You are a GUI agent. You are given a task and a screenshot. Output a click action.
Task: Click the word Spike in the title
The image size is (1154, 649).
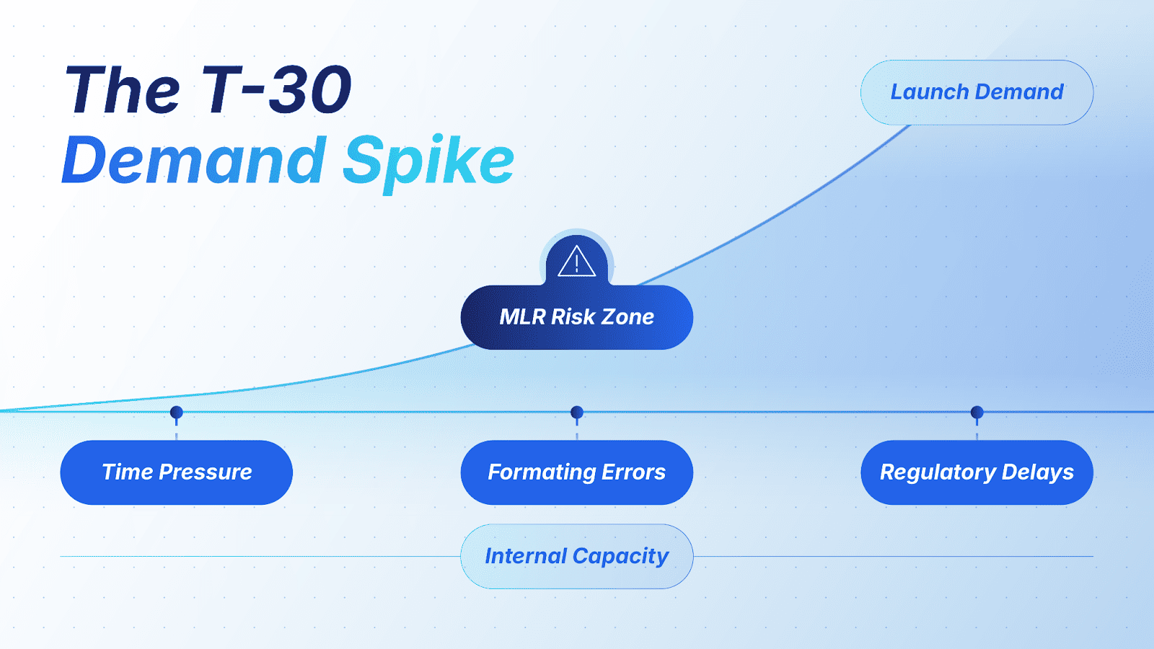[x=428, y=162]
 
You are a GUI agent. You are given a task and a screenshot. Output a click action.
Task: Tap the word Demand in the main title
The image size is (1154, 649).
[x=194, y=159]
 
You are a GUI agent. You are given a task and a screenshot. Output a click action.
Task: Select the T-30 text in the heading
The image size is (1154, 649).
[x=276, y=89]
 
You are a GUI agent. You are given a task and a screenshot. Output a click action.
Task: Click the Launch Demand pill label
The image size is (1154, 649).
[x=977, y=92]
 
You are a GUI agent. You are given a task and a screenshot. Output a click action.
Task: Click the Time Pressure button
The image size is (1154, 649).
[x=176, y=472]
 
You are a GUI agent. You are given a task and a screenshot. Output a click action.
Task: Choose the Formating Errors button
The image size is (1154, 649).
[x=576, y=472]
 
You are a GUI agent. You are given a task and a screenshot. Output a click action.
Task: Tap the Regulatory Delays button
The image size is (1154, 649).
[x=977, y=472]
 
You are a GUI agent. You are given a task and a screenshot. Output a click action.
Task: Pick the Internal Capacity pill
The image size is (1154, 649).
[x=576, y=556]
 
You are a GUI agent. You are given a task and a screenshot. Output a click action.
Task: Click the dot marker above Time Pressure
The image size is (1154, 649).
[x=176, y=412]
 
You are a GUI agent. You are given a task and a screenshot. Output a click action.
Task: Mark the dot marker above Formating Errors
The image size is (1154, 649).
[x=577, y=412]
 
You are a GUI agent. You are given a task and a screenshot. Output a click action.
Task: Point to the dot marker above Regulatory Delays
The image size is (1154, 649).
[x=977, y=412]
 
